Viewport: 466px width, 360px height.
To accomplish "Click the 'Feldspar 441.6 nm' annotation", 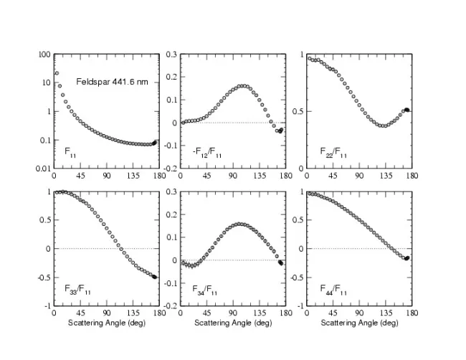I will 112,82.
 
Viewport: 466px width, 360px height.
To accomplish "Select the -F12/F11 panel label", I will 201,152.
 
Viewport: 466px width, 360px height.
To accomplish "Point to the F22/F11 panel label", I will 332,152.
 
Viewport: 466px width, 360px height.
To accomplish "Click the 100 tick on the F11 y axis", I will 44,55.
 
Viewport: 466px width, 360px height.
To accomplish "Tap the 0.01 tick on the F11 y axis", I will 42,169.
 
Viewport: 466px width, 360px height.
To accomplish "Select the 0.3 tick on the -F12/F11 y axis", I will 171,55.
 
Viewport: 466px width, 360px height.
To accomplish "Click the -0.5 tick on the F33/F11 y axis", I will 42,277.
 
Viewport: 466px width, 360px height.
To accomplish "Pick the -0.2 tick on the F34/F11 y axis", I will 171,305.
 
